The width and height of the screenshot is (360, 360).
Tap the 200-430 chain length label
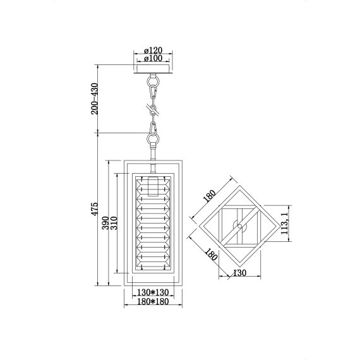tap(95, 99)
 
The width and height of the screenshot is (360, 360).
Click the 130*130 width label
tap(152, 292)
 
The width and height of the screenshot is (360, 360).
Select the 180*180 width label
tap(152, 302)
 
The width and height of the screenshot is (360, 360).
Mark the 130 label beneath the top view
tap(239, 274)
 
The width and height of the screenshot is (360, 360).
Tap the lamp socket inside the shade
tap(152, 186)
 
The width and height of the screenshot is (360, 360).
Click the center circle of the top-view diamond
tap(239, 225)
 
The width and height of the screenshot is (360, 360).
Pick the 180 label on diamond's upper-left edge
tap(209, 196)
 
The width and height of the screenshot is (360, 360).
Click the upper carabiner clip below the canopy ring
tap(152, 95)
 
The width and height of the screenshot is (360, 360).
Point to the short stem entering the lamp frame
tap(152, 153)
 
